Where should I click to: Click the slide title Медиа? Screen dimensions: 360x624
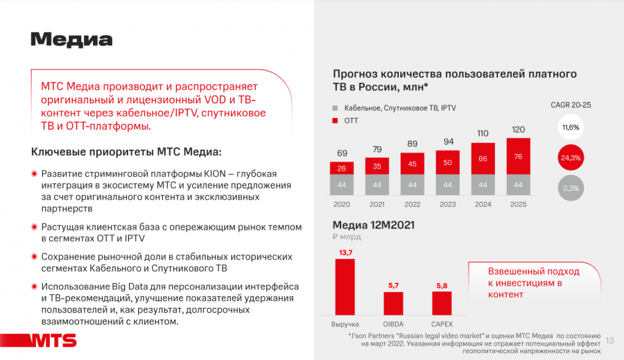71,40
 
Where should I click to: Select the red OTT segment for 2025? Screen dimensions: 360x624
518,156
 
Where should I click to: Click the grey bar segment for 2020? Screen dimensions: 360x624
341,185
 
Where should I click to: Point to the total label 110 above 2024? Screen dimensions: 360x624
483,133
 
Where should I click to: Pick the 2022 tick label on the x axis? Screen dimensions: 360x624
412,205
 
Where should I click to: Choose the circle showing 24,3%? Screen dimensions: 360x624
570,157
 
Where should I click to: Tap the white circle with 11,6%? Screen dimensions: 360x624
570,128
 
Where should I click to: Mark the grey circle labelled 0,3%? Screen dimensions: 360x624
570,188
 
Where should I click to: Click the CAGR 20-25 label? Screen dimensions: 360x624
571,105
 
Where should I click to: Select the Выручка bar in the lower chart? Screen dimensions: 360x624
345,287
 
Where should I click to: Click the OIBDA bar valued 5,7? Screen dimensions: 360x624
393,304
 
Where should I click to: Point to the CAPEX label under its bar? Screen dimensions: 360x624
442,324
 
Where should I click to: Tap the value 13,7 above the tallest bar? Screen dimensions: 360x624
345,252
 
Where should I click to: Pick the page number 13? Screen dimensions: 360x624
610,340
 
